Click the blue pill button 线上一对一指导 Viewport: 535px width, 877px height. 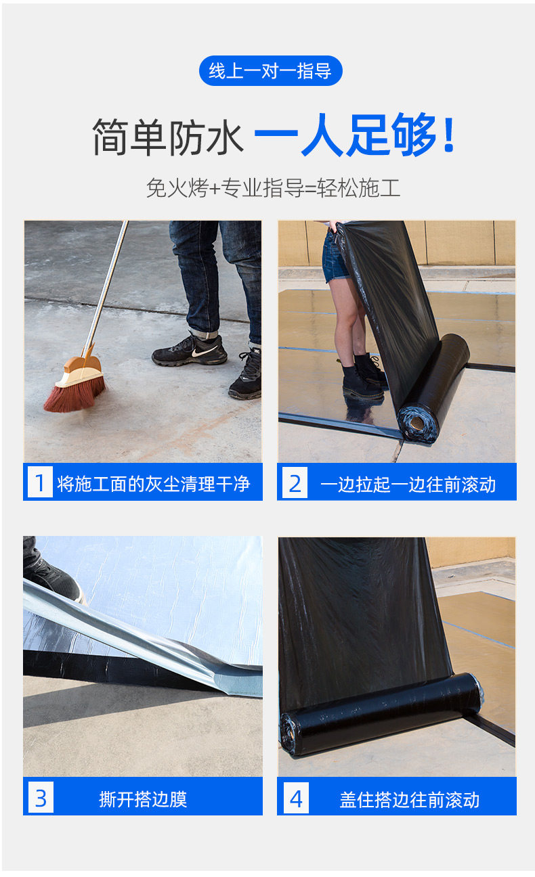[270, 71]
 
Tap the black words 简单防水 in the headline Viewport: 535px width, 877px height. [168, 137]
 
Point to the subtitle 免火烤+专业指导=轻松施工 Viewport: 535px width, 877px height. [273, 188]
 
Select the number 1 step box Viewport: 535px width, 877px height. [40, 482]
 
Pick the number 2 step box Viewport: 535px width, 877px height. [295, 482]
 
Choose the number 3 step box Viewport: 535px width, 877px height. [41, 798]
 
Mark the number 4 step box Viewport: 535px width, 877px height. [296, 798]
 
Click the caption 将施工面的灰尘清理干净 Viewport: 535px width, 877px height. [153, 484]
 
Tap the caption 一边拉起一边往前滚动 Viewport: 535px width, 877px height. [408, 485]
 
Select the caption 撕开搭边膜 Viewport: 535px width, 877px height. [143, 799]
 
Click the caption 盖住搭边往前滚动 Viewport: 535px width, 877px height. [410, 800]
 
